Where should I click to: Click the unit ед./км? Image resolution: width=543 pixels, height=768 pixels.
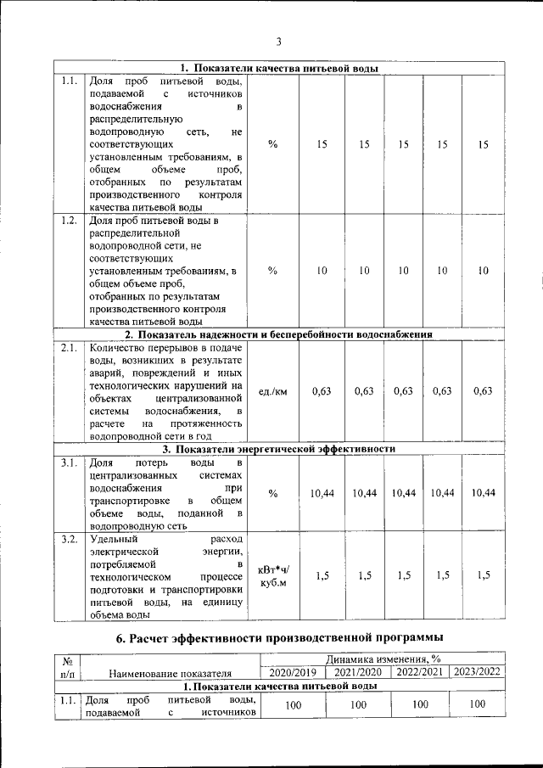coord(272,391)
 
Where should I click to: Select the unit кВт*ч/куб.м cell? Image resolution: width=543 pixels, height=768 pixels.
coord(272,576)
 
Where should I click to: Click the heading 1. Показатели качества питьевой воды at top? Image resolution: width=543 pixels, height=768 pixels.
coord(279,69)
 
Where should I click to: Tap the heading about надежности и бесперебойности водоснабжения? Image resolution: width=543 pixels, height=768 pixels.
coord(279,334)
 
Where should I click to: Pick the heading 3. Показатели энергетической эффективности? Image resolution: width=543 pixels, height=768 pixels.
coord(279,449)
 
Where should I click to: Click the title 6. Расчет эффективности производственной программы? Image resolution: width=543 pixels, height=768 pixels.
coord(279,637)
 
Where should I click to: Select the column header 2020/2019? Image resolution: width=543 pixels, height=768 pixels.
coord(292,672)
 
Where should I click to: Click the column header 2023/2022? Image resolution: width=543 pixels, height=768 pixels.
coord(478,672)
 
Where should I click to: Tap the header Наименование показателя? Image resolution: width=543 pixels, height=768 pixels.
coord(171,674)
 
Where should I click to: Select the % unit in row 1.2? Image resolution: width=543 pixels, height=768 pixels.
coord(272,271)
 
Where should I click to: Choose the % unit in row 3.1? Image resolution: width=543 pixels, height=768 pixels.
coord(272,494)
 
